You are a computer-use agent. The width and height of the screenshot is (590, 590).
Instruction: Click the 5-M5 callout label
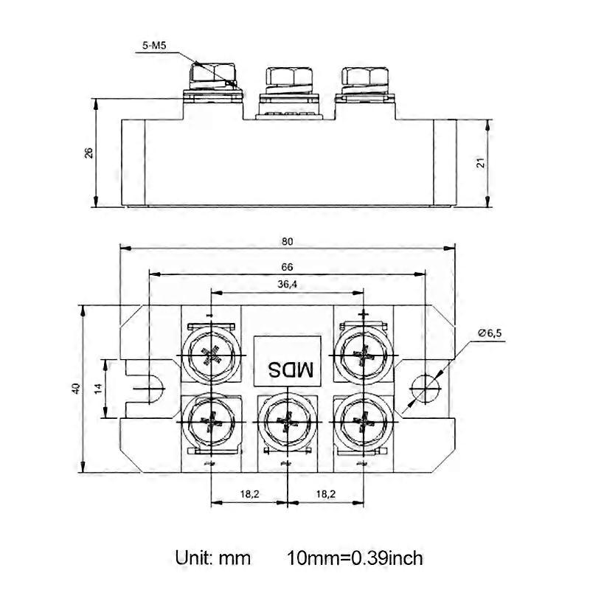click(154, 46)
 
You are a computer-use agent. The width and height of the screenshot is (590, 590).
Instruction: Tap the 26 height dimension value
click(88, 153)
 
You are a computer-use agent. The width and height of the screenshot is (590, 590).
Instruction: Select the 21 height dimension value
click(481, 163)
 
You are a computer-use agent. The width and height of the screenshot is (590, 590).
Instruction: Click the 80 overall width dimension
click(287, 242)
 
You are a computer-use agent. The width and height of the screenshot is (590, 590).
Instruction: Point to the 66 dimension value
click(287, 267)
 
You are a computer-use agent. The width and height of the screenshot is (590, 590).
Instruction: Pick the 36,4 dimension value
click(287, 285)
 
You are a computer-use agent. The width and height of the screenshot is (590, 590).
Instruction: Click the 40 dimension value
click(76, 389)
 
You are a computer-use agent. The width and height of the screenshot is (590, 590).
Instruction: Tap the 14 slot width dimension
click(98, 389)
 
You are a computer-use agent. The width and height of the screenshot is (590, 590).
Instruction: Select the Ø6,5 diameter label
click(490, 333)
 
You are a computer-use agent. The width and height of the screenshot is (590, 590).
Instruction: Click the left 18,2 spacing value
click(250, 493)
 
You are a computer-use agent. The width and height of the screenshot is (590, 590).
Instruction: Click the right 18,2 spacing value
click(325, 493)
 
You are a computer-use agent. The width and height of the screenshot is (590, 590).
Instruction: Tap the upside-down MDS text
click(290, 370)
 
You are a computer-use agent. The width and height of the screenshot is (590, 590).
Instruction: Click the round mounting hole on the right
click(426, 389)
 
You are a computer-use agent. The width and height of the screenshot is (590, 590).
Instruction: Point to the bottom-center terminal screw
click(287, 421)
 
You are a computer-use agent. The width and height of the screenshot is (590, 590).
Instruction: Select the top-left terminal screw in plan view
click(211, 355)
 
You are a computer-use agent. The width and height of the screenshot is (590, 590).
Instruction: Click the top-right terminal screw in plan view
click(364, 355)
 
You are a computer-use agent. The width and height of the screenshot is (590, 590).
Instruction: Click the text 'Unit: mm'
click(213, 558)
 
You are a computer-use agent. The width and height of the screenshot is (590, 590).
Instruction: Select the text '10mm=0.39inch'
click(355, 558)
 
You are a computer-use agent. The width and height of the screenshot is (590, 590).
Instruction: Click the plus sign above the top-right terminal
click(364, 313)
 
